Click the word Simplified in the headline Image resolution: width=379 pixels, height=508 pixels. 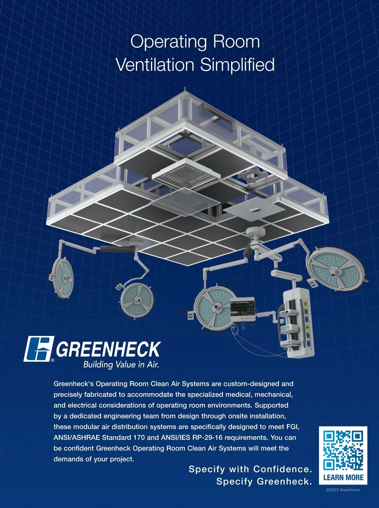(x=237, y=65)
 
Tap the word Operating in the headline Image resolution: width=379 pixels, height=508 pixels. (x=168, y=42)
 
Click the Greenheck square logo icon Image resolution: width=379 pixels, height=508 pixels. (x=39, y=349)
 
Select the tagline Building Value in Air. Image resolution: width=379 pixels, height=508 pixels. (x=121, y=364)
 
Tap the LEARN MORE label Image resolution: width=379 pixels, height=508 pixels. (x=343, y=477)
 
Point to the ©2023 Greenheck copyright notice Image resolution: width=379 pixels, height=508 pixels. (x=343, y=490)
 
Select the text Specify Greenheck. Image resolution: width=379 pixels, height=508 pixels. (x=264, y=481)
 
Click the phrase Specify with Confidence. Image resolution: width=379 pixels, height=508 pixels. (x=250, y=469)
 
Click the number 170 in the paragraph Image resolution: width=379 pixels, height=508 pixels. (x=139, y=437)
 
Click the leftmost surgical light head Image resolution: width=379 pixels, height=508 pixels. (x=62, y=278)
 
